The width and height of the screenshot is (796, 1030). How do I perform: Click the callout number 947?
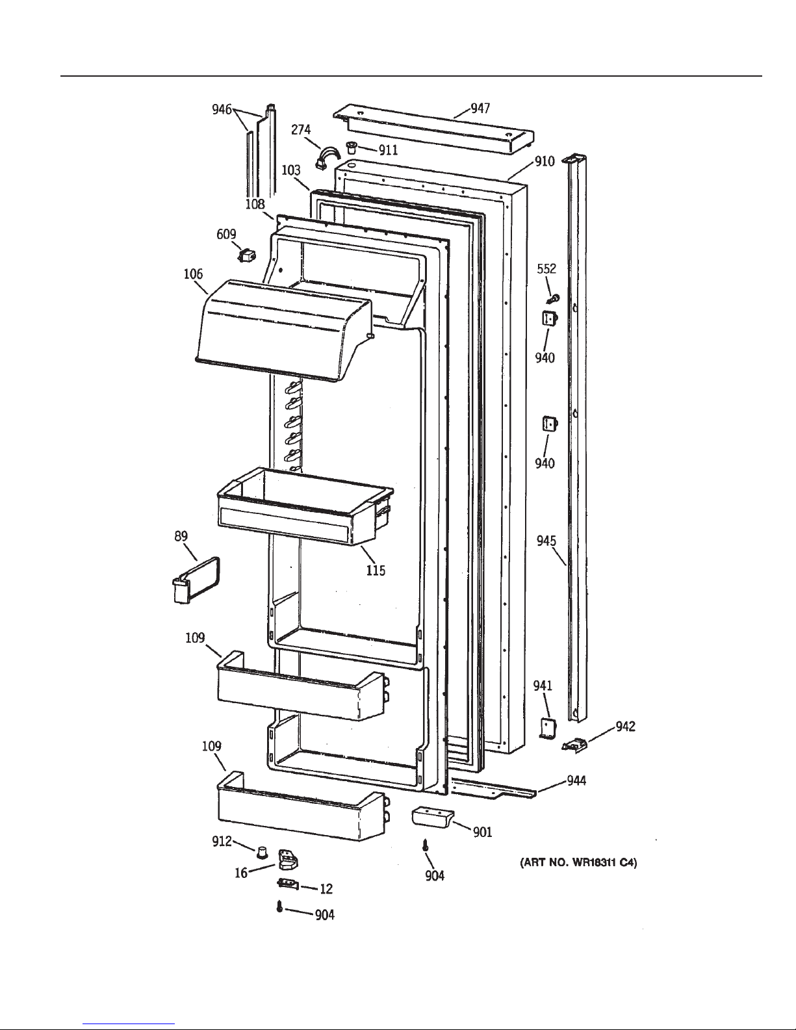pos(480,109)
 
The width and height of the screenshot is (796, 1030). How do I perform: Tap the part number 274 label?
pos(301,129)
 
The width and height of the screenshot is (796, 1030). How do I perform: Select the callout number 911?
pos(388,150)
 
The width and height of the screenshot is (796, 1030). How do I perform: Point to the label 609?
pos(226,234)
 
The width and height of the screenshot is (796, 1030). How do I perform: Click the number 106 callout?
pos(194,274)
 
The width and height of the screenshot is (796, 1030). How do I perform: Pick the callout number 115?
pos(376,570)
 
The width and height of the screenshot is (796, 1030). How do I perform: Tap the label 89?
pos(181,536)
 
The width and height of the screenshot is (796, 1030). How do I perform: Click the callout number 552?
pos(546,269)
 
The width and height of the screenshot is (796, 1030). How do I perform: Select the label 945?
pos(546,541)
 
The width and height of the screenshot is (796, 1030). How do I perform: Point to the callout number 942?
pos(625,727)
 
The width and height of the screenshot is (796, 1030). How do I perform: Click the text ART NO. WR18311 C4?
pos(578,863)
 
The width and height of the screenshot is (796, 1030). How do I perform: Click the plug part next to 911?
pos(352,146)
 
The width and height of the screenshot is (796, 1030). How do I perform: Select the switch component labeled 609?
pos(246,256)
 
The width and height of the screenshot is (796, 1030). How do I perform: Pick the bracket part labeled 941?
pos(547,728)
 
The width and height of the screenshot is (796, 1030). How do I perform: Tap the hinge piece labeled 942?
pos(574,744)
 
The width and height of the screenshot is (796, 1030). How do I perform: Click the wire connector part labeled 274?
pos(327,158)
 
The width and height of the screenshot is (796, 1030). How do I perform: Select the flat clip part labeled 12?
pos(287,884)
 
